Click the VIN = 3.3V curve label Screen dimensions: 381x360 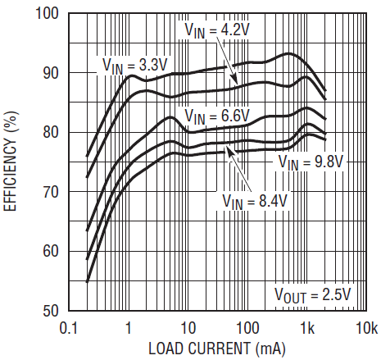[134, 66]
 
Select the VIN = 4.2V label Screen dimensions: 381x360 [217, 30]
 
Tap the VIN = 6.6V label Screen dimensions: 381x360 [217, 116]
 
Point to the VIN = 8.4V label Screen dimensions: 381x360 [255, 202]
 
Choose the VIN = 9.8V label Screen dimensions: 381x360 [311, 162]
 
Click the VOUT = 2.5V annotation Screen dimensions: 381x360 [312, 295]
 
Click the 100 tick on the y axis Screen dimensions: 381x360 [48, 13]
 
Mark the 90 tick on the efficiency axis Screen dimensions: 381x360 [51, 73]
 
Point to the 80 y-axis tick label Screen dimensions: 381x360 [51, 132]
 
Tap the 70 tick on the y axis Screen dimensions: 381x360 [51, 192]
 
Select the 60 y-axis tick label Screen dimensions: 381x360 [51, 252]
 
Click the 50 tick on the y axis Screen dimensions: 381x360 [51, 311]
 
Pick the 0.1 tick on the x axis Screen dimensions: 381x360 [69, 328]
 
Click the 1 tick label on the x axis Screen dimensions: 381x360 [129, 328]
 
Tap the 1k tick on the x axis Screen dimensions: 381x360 [307, 328]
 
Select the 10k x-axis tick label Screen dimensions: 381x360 [367, 328]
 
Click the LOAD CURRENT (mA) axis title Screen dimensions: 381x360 [217, 349]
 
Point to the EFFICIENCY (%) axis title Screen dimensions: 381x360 [10, 162]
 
